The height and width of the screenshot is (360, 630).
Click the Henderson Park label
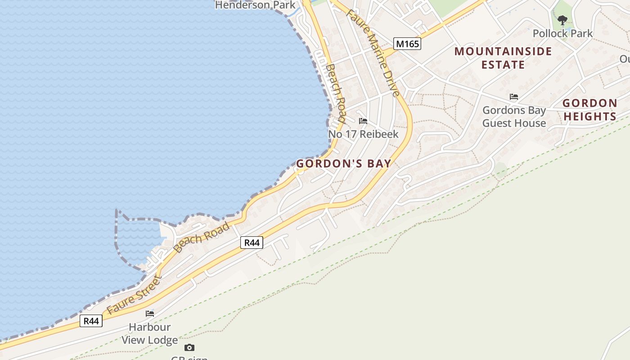click(255, 5)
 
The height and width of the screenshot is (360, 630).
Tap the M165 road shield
click(407, 44)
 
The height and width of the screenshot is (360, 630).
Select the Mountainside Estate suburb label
click(503, 58)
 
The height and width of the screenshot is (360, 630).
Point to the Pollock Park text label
click(562, 33)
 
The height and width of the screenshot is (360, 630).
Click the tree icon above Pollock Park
click(562, 20)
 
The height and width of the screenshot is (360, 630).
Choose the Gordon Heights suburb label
click(589, 110)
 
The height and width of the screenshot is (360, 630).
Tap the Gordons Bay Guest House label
click(514, 117)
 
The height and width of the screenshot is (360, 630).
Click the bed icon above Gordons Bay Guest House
click(513, 97)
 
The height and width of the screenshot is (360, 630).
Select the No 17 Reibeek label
click(363, 134)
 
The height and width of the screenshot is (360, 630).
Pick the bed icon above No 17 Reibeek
click(363, 121)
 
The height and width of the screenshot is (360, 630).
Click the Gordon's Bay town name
click(343, 164)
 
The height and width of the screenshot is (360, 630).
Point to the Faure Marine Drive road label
click(373, 52)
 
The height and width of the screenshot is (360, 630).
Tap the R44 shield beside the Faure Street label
click(91, 321)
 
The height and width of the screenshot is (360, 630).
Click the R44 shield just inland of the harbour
click(251, 243)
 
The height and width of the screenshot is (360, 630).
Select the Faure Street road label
click(134, 295)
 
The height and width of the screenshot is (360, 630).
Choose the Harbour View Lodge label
click(149, 333)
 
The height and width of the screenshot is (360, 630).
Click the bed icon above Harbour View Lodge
click(149, 313)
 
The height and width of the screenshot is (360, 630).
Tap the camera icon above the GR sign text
click(189, 347)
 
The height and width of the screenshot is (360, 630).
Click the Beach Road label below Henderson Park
click(335, 93)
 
